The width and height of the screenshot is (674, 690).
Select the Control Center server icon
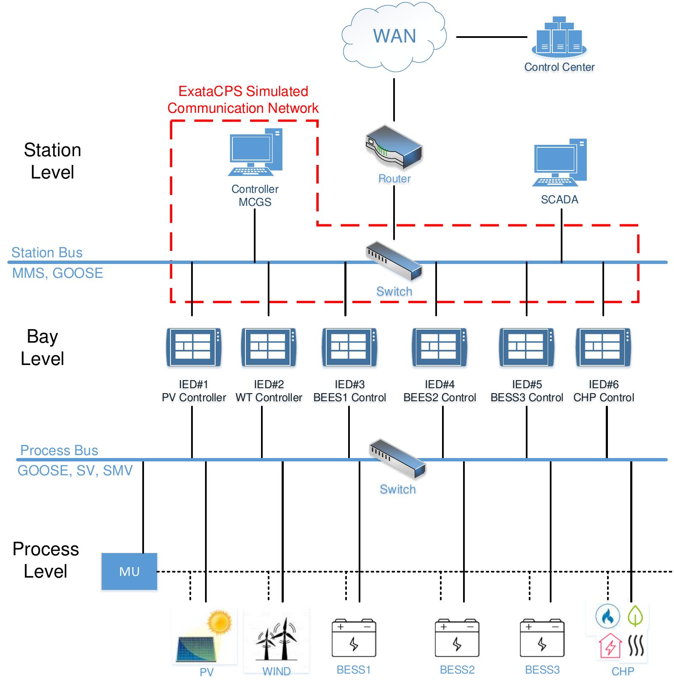pos(559,38)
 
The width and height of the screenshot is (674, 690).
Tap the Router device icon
pos(394,147)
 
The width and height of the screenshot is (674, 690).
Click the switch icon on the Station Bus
pos(394,261)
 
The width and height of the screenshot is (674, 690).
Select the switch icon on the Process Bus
pos(397,458)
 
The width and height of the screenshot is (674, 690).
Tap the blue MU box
pos(129,571)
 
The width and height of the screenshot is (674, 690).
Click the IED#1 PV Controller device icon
pos(194,347)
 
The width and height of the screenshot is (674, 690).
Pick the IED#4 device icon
pos(440,347)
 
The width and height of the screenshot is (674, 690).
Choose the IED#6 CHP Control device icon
pos(603,347)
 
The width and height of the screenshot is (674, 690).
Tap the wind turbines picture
pos(277,638)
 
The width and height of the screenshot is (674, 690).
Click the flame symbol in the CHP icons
pos(607,616)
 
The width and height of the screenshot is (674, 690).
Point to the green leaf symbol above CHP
pos(635,615)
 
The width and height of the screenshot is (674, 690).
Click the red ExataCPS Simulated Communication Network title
pos(243,100)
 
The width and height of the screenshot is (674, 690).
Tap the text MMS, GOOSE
pos(58,273)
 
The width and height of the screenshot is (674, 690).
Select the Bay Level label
pos(42,347)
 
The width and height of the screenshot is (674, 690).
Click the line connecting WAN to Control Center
pos(491,37)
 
